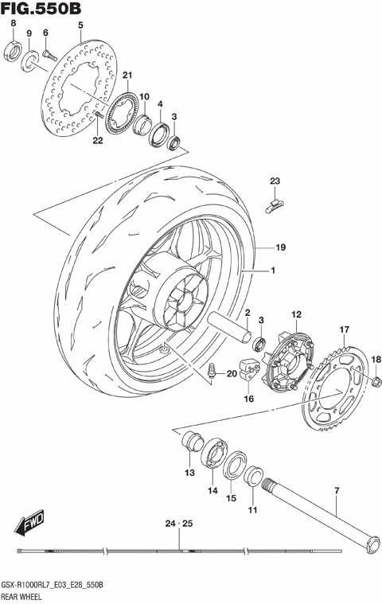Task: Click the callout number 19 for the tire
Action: [280, 247]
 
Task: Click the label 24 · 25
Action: [179, 523]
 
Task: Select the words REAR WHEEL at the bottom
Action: [26, 594]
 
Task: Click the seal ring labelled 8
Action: [13, 52]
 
